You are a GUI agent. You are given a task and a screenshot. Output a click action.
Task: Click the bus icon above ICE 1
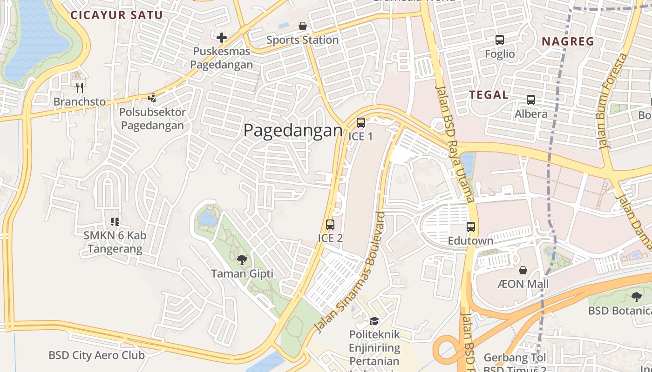click(360, 123)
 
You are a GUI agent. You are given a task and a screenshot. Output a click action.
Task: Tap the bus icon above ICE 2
click(330, 225)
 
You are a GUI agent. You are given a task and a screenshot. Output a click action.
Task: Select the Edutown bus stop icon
click(471, 227)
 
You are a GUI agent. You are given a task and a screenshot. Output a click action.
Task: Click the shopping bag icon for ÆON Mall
click(523, 270)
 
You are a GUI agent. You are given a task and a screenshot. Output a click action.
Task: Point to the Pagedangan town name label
click(293, 131)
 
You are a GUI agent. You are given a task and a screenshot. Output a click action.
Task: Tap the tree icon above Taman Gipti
click(242, 260)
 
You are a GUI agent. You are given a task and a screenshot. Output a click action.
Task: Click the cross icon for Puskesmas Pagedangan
click(222, 38)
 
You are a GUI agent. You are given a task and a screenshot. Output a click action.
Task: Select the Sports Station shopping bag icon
click(303, 26)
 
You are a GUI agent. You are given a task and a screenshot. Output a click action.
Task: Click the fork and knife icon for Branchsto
click(80, 87)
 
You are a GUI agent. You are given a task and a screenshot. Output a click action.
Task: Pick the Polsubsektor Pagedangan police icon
click(152, 98)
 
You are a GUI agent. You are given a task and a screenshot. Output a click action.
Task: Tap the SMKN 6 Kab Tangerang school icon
click(115, 221)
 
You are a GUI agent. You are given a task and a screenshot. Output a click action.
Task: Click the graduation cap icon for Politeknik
click(374, 321)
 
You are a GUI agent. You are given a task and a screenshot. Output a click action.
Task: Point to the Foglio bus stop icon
click(500, 40)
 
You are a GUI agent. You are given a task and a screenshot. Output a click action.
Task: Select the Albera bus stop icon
click(531, 100)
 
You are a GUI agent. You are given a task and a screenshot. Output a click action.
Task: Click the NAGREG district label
click(568, 41)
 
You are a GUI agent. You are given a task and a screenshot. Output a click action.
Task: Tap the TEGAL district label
click(489, 95)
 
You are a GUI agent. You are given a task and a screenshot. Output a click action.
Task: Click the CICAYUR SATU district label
click(116, 15)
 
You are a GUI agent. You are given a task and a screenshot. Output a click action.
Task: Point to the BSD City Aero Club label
click(96, 356)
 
